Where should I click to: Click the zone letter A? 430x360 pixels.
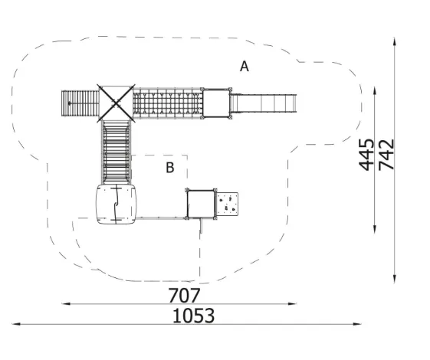click(244, 67)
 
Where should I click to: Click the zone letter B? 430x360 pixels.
click(170, 168)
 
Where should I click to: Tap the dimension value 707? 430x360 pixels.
click(184, 296)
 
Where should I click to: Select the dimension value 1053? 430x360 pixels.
click(193, 316)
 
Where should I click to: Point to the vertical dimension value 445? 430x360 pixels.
click(366, 155)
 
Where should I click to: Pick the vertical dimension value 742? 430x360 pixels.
click(386, 155)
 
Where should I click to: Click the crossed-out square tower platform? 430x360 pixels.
click(116, 103)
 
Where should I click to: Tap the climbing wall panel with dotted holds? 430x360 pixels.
click(227, 204)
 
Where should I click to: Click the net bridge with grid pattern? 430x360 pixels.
click(168, 103)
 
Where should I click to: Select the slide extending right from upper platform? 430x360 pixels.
click(263, 103)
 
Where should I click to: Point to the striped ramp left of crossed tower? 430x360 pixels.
click(80, 103)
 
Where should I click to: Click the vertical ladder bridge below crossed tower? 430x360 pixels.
click(116, 152)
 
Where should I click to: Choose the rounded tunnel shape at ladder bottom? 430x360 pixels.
click(116, 204)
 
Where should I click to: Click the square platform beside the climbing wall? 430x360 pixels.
click(201, 204)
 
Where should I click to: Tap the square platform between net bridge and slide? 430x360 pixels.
click(216, 103)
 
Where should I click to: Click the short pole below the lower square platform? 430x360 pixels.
click(202, 226)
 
